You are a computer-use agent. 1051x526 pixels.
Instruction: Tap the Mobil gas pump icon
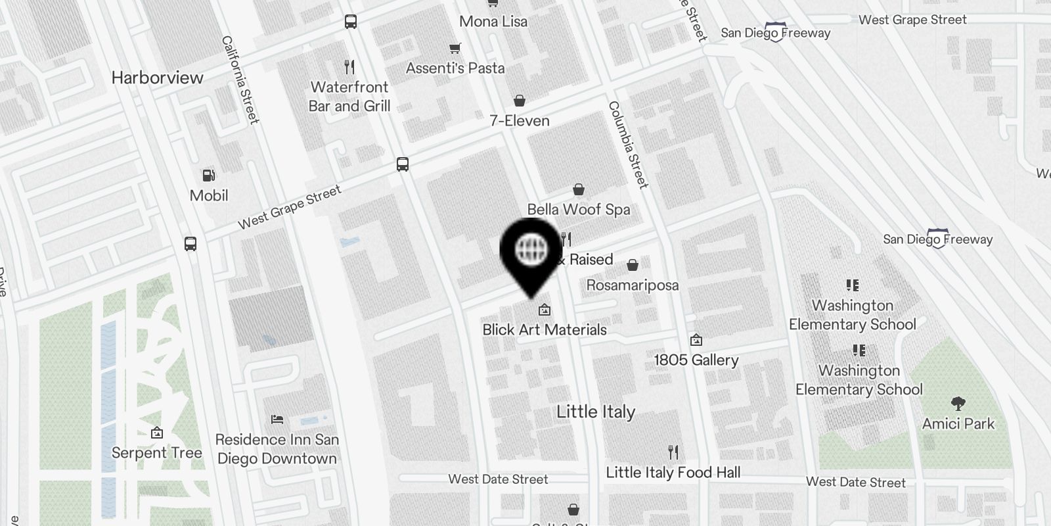click(x=209, y=176)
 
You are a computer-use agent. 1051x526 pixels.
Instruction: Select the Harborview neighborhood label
click(x=157, y=78)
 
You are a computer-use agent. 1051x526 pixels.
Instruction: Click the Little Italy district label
click(x=596, y=412)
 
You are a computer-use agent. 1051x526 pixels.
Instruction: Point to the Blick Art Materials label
click(x=545, y=329)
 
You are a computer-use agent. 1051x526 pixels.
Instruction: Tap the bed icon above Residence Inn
click(x=277, y=419)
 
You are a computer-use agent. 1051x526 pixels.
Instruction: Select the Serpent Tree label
click(x=156, y=453)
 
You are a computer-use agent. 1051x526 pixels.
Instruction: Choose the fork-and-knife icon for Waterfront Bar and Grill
click(x=349, y=66)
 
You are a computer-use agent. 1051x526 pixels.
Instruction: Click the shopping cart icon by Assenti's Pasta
click(x=455, y=48)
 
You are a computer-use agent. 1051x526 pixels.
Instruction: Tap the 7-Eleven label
click(x=520, y=120)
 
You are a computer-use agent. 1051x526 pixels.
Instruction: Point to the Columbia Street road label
click(x=628, y=145)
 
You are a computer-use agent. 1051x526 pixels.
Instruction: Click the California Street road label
click(x=240, y=80)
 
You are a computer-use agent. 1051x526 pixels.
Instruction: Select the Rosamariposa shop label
click(x=632, y=285)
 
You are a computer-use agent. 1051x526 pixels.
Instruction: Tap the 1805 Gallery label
click(x=696, y=360)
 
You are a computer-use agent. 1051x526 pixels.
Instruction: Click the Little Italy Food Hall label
click(x=673, y=472)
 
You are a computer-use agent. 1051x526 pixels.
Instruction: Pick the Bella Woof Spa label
click(x=579, y=209)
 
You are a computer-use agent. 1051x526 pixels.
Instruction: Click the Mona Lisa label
click(x=493, y=21)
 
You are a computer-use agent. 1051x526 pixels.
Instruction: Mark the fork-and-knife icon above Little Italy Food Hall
click(x=673, y=452)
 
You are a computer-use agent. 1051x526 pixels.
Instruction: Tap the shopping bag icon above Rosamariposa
click(x=633, y=265)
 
